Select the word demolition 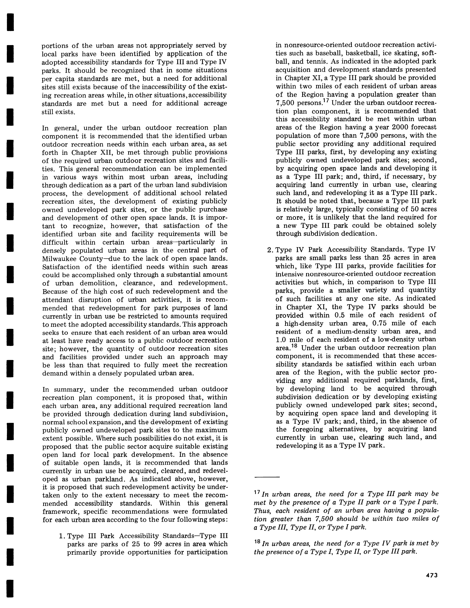point(99,283)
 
